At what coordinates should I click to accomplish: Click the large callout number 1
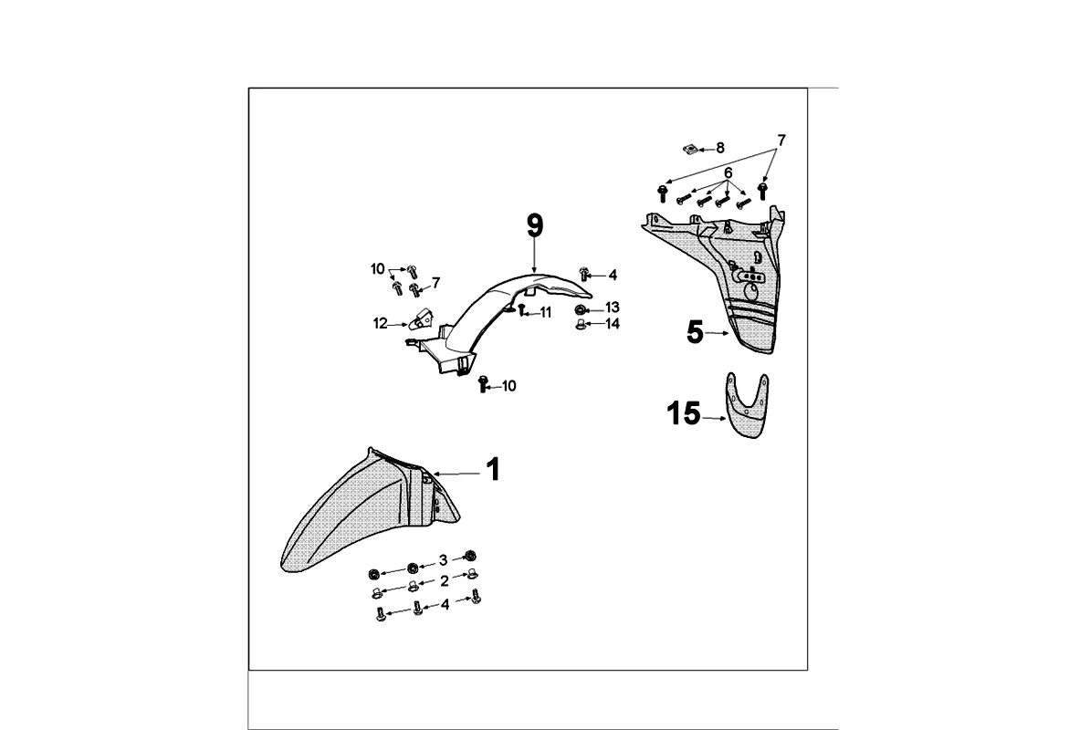(x=492, y=471)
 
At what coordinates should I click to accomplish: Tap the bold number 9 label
(x=535, y=225)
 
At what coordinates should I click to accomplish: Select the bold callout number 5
(x=696, y=333)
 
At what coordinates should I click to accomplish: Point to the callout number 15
(x=684, y=414)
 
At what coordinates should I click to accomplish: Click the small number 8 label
(x=719, y=148)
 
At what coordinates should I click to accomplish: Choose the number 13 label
(x=612, y=308)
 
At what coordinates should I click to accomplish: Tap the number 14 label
(x=612, y=324)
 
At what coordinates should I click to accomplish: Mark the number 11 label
(x=545, y=313)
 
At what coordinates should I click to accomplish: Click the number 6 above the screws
(x=728, y=173)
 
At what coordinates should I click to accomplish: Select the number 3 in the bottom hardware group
(x=443, y=560)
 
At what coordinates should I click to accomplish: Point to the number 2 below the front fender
(x=444, y=580)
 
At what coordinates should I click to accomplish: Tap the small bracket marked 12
(x=423, y=319)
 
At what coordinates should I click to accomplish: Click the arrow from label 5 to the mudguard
(x=718, y=334)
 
